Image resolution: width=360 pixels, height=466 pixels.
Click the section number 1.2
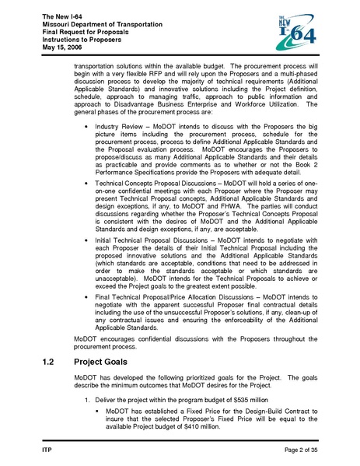click(x=47, y=362)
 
